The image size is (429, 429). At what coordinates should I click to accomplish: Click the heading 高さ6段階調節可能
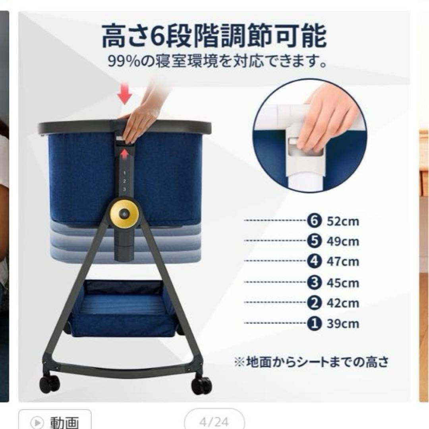(214, 36)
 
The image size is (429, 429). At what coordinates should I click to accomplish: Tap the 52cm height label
(343, 221)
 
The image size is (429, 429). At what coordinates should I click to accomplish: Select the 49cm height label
(343, 242)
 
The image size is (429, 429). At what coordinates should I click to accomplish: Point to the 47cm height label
(343, 261)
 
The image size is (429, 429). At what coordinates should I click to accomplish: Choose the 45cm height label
(343, 283)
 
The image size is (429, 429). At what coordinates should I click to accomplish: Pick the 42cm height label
(343, 303)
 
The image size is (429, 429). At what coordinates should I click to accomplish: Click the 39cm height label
(343, 324)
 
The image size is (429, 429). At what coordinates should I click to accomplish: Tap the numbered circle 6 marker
(314, 220)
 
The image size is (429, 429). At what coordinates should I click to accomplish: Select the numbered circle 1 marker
(314, 323)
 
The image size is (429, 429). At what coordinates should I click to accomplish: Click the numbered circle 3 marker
(314, 282)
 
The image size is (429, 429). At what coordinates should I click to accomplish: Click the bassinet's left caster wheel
(50, 384)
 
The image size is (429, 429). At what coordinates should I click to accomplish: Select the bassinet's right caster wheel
(202, 385)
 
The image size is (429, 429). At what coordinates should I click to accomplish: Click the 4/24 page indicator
(214, 421)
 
